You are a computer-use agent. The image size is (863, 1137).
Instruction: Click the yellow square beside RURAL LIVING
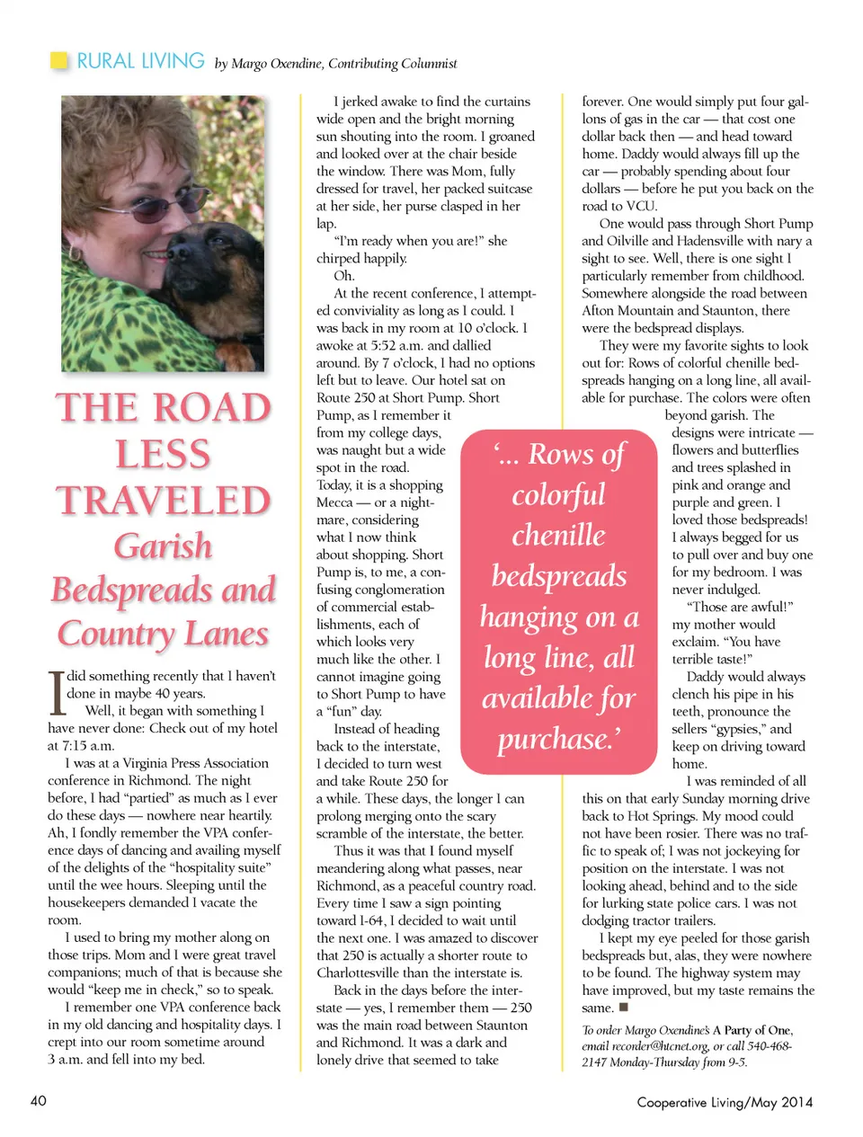(x=59, y=61)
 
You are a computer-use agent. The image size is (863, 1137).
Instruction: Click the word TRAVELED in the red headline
(x=164, y=501)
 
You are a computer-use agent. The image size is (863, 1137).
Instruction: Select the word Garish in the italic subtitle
(x=163, y=546)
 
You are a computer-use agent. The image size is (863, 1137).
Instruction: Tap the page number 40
(x=39, y=1101)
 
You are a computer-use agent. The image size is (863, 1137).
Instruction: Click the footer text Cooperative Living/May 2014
(x=725, y=1102)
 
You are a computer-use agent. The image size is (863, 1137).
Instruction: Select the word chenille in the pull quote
(x=558, y=536)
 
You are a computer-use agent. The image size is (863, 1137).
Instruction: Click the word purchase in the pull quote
(x=555, y=740)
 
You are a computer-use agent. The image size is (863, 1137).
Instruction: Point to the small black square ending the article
(x=624, y=1007)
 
